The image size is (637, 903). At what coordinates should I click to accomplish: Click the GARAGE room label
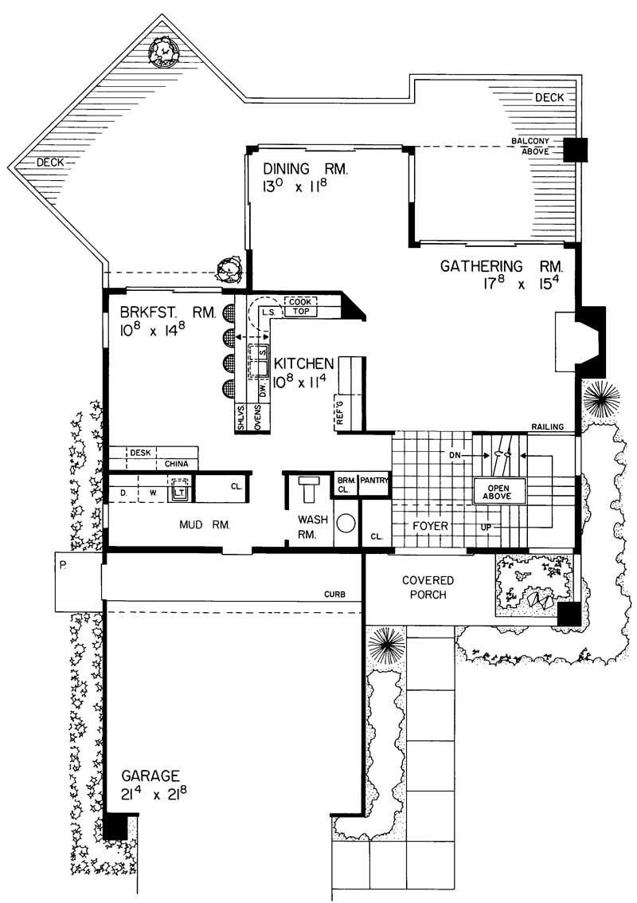150,775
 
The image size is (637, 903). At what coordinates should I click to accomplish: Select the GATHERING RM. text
502,266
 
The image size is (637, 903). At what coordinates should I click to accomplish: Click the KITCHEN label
304,363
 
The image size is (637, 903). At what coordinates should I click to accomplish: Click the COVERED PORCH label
427,587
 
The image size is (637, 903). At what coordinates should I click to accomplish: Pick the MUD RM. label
203,525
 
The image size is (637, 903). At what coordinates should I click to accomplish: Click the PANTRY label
373,481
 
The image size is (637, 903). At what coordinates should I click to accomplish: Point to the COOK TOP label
300,307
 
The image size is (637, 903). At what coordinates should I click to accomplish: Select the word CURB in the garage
334,594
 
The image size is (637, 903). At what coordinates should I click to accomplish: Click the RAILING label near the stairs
549,428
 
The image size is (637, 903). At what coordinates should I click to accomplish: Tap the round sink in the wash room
346,524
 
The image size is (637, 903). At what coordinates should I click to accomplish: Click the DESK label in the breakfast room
140,451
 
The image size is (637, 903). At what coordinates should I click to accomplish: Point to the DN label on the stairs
455,455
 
